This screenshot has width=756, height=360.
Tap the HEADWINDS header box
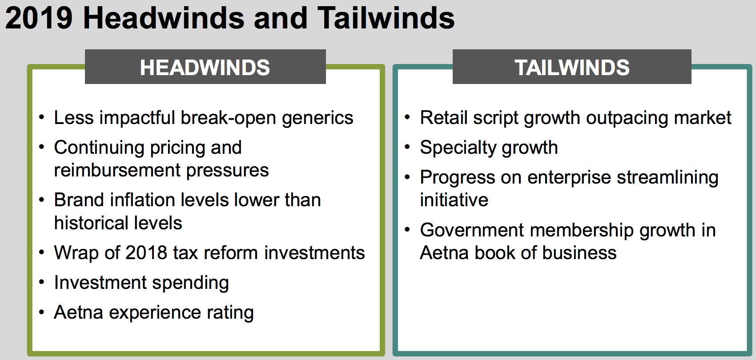(x=205, y=67)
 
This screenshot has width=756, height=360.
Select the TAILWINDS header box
(x=572, y=67)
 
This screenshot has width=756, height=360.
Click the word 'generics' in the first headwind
(x=318, y=118)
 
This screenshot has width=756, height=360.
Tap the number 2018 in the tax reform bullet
(x=146, y=253)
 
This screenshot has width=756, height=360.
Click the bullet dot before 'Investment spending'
(x=41, y=282)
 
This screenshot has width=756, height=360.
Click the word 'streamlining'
(x=668, y=178)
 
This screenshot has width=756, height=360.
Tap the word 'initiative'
(x=454, y=200)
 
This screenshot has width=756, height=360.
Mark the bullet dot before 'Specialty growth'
(x=407, y=147)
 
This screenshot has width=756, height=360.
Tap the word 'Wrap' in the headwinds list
(x=76, y=253)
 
